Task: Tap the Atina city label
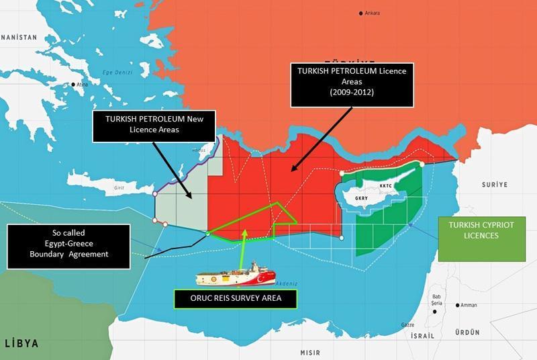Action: click(82, 85)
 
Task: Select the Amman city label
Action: click(469, 305)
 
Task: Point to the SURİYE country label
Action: click(495, 183)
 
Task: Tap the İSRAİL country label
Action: click(422, 335)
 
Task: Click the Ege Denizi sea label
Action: click(117, 73)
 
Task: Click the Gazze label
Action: click(407, 324)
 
